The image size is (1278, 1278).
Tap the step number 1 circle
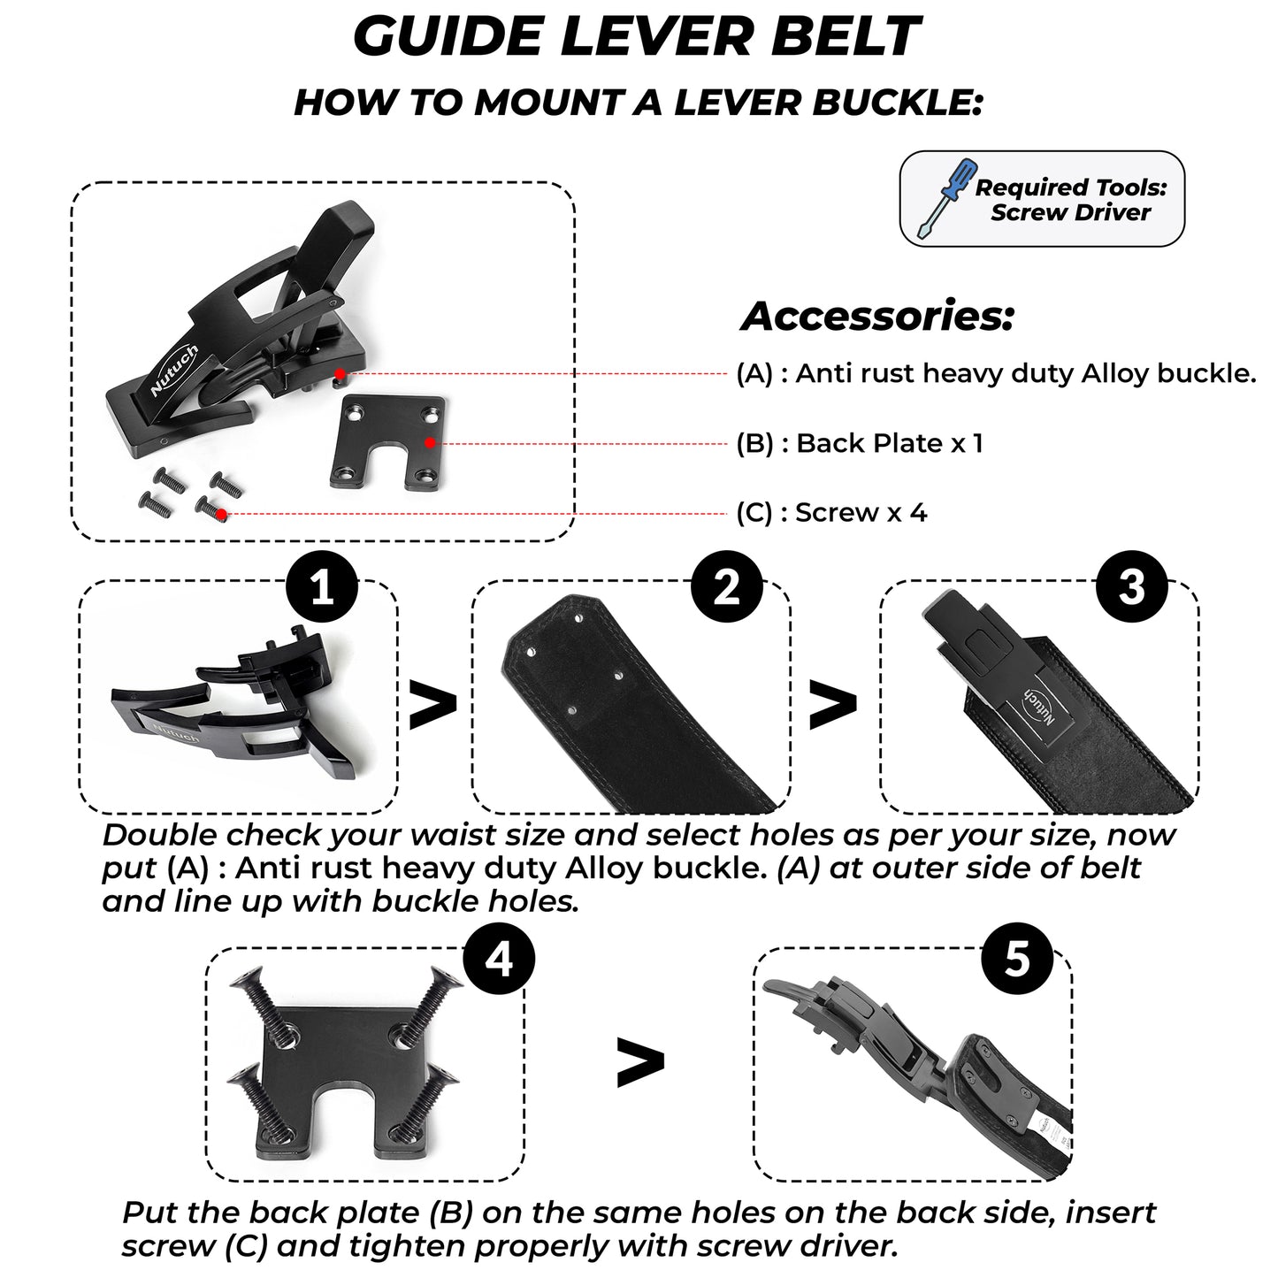tap(323, 588)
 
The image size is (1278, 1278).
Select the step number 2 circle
tap(727, 588)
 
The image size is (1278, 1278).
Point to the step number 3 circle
tap(1132, 588)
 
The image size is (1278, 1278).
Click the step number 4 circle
tap(500, 959)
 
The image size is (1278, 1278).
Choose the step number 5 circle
tap(1017, 959)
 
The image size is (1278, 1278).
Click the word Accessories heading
tap(877, 317)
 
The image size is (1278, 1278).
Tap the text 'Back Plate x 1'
tap(889, 443)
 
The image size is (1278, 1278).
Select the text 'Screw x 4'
tap(861, 513)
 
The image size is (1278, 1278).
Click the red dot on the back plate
tap(429, 442)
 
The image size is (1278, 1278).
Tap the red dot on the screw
tap(221, 513)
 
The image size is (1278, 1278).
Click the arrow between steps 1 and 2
tap(433, 705)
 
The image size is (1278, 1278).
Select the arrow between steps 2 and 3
tap(833, 705)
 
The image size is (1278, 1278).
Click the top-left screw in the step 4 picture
tap(256, 999)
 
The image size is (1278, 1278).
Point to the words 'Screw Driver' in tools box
tap(1070, 213)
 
